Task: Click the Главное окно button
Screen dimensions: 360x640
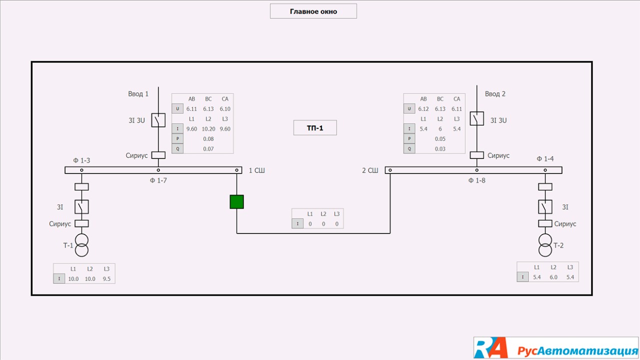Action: coord(313,11)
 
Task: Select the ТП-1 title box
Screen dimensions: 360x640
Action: coord(315,128)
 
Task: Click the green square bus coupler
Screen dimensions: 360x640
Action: coord(236,201)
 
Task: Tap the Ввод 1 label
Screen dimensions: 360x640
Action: coord(138,93)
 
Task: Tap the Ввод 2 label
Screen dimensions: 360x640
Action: coord(495,93)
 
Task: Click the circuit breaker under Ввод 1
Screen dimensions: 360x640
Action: coord(158,120)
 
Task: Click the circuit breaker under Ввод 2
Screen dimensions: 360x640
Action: coord(476,119)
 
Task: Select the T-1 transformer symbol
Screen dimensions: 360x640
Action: coord(81,244)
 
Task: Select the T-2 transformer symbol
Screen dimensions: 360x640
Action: coord(545,244)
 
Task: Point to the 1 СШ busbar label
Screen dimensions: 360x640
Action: coord(256,170)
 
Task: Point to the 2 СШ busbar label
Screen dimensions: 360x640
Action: coord(370,170)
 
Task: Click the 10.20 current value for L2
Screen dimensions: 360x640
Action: coord(208,128)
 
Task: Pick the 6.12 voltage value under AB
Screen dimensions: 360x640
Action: coord(423,108)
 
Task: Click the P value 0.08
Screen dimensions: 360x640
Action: coord(208,138)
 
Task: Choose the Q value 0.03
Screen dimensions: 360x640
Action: coord(440,148)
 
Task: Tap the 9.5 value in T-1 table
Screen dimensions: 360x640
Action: coord(106,278)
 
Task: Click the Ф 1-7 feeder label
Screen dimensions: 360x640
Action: coord(158,180)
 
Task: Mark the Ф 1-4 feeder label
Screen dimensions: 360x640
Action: coord(545,158)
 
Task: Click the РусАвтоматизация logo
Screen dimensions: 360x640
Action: coord(556,348)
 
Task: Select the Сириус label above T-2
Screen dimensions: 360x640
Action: coord(565,223)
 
